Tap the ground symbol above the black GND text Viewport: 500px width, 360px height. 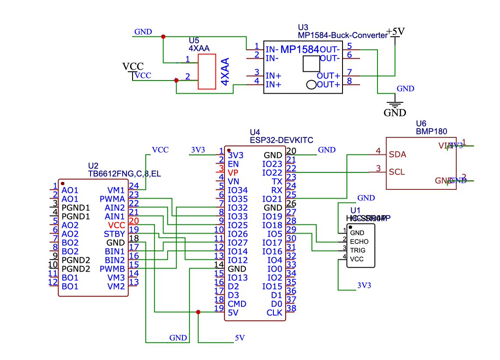395,105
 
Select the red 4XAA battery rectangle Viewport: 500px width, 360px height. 207,72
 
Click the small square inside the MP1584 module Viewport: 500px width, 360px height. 311,64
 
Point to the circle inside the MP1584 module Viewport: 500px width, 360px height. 311,85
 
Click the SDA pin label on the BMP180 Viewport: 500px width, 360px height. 398,154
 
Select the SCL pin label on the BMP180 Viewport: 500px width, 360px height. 397,172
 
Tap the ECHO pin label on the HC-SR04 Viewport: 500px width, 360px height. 359,241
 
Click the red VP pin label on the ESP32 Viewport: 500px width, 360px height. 233,172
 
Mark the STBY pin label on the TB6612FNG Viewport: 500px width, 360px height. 115,234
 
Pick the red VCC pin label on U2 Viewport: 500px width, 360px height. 116,225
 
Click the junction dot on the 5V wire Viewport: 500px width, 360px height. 198,312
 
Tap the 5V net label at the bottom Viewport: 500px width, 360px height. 239,338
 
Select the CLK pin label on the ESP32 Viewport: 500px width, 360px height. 275,312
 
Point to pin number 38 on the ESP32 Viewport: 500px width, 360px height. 291,308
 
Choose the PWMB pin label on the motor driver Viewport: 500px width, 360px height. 112,269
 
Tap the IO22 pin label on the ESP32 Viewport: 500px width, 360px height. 273,172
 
